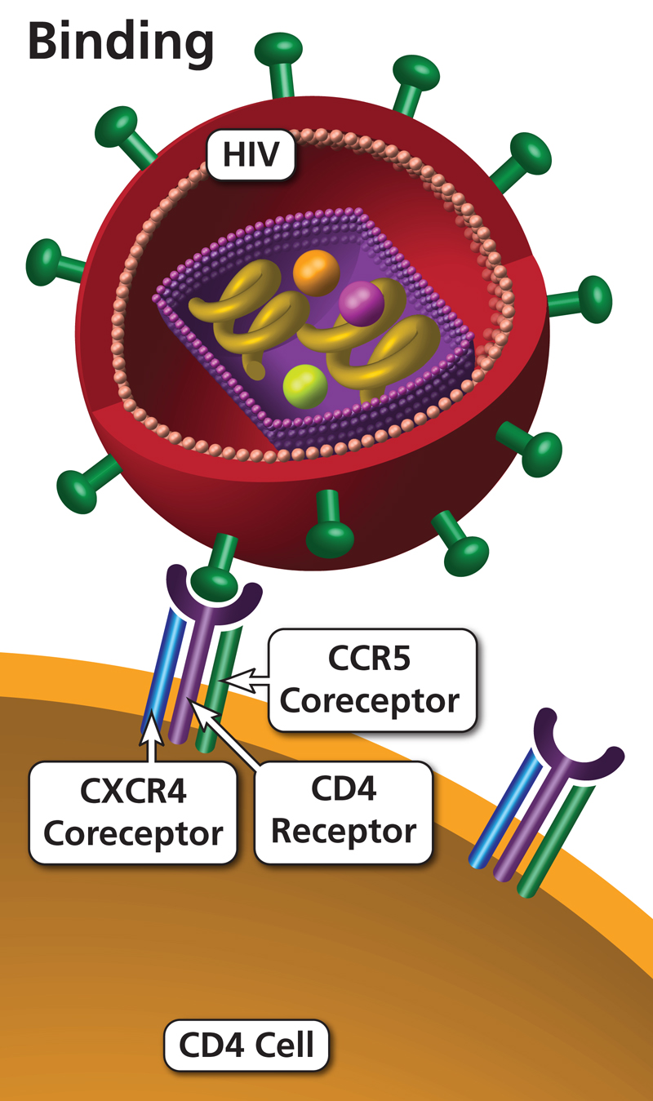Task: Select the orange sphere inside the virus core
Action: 315,272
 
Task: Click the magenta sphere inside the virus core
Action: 361,303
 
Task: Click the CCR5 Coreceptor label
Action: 372,679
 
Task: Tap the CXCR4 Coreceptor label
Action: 133,811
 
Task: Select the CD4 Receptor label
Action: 343,811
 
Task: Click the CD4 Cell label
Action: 247,1046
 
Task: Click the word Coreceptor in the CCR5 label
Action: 372,700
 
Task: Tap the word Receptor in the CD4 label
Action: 343,832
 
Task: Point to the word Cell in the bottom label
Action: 285,1046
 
